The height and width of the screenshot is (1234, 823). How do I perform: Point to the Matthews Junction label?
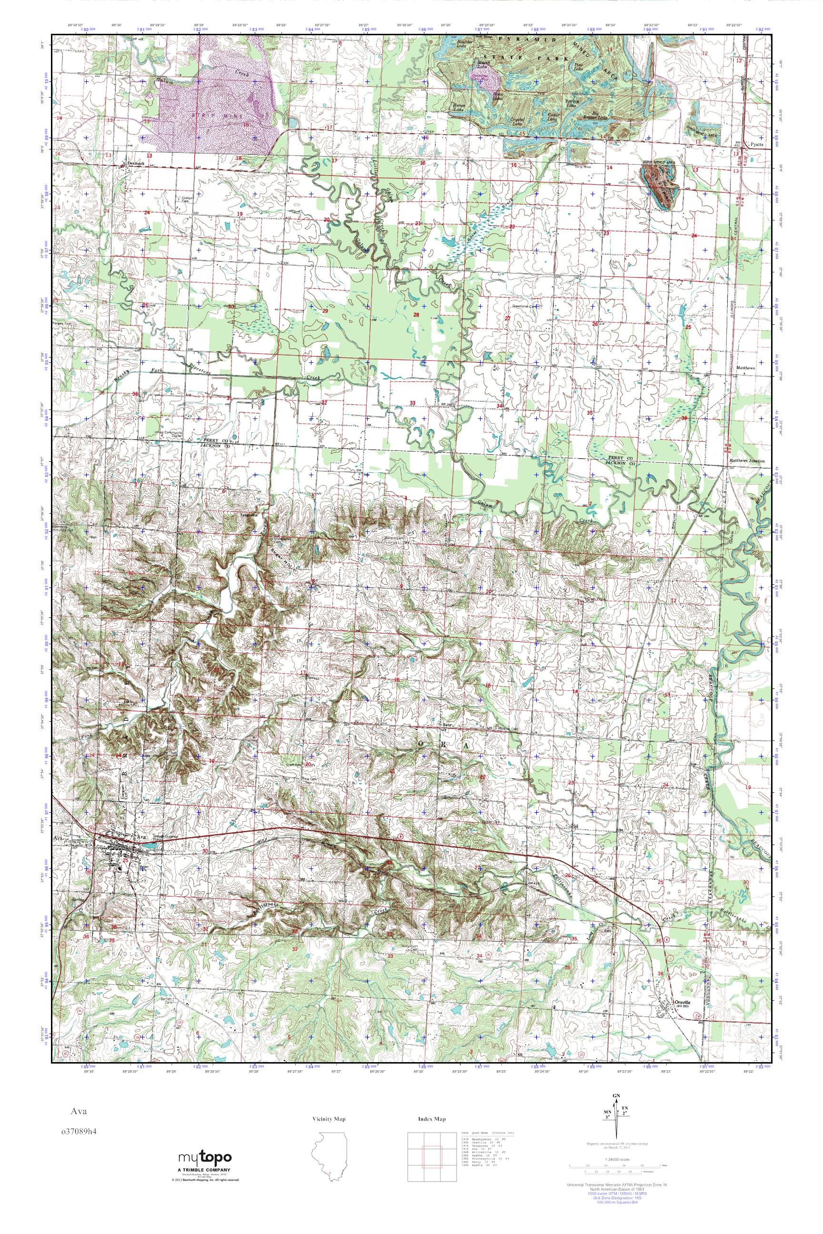pos(746,461)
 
